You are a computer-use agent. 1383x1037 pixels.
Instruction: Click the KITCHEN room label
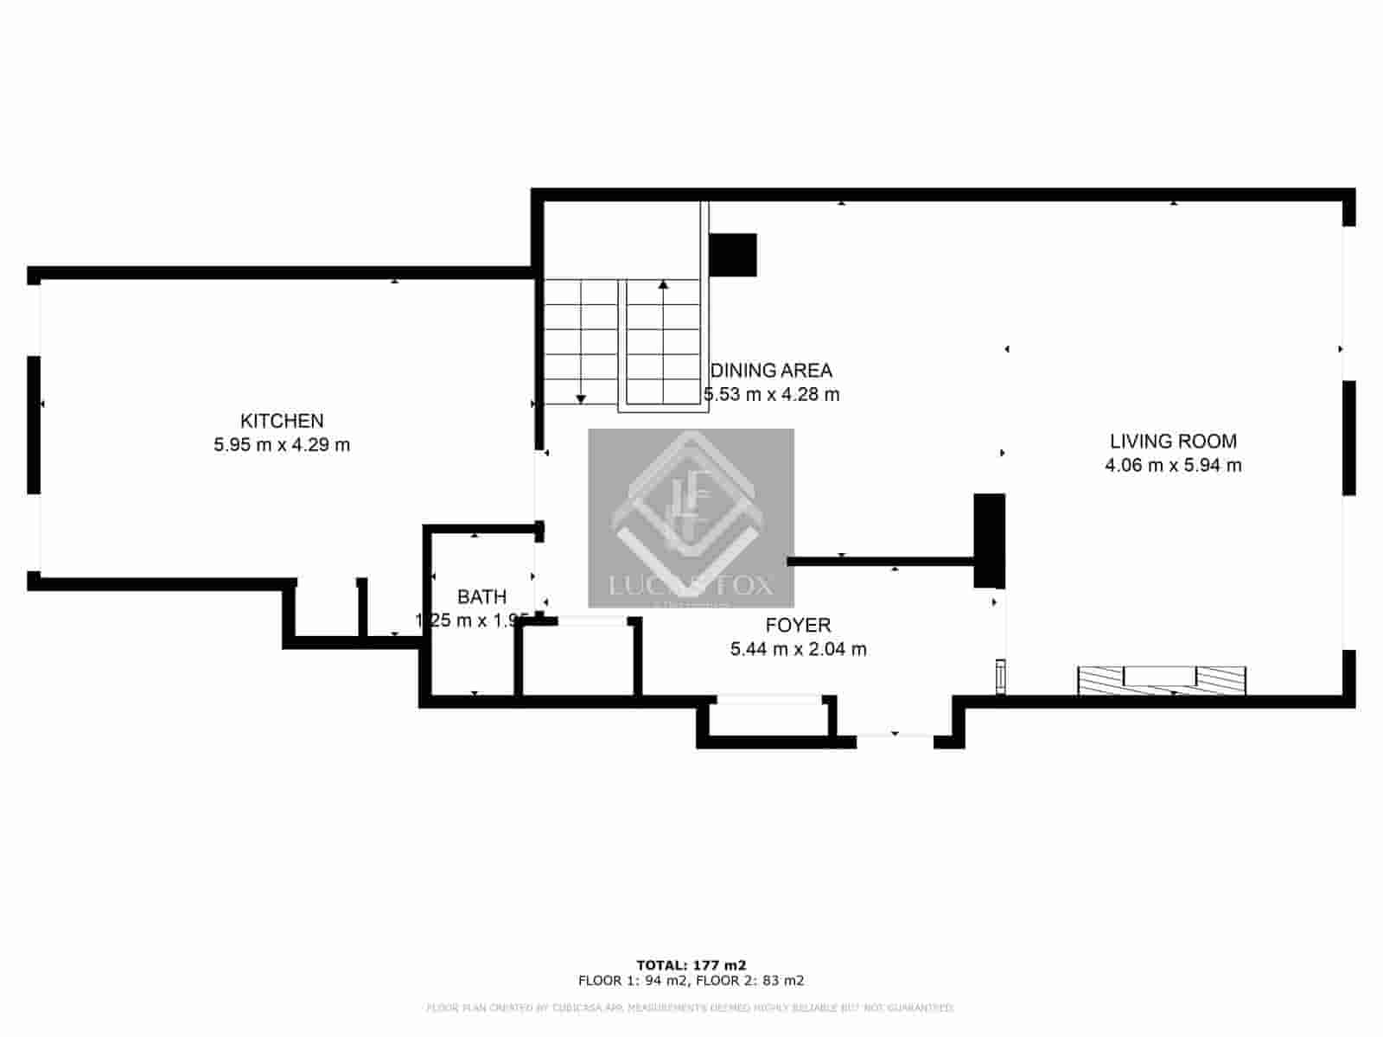click(x=282, y=422)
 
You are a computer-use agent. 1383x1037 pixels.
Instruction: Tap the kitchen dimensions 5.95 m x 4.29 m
click(x=282, y=446)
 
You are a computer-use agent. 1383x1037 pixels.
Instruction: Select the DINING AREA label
click(x=771, y=371)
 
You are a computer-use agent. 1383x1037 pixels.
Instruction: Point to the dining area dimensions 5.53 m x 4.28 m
click(x=771, y=395)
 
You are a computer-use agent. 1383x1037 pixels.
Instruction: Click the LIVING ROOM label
click(x=1173, y=442)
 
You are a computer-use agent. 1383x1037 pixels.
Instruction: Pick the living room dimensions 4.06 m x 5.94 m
click(x=1173, y=466)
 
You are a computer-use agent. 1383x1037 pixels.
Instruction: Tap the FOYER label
click(x=798, y=626)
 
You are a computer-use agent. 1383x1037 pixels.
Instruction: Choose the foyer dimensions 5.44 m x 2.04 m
click(x=798, y=650)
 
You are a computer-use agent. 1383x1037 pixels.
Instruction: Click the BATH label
click(x=481, y=597)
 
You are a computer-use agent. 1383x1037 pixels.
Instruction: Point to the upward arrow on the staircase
click(x=663, y=285)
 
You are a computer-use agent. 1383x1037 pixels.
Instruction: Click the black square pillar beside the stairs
click(x=732, y=255)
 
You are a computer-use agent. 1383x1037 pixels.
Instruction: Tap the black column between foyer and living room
click(x=989, y=541)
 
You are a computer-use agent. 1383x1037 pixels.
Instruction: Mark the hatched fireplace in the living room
click(x=1161, y=680)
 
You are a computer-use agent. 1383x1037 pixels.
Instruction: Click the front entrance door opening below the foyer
click(x=895, y=735)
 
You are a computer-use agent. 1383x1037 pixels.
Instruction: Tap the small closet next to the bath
click(x=578, y=659)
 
